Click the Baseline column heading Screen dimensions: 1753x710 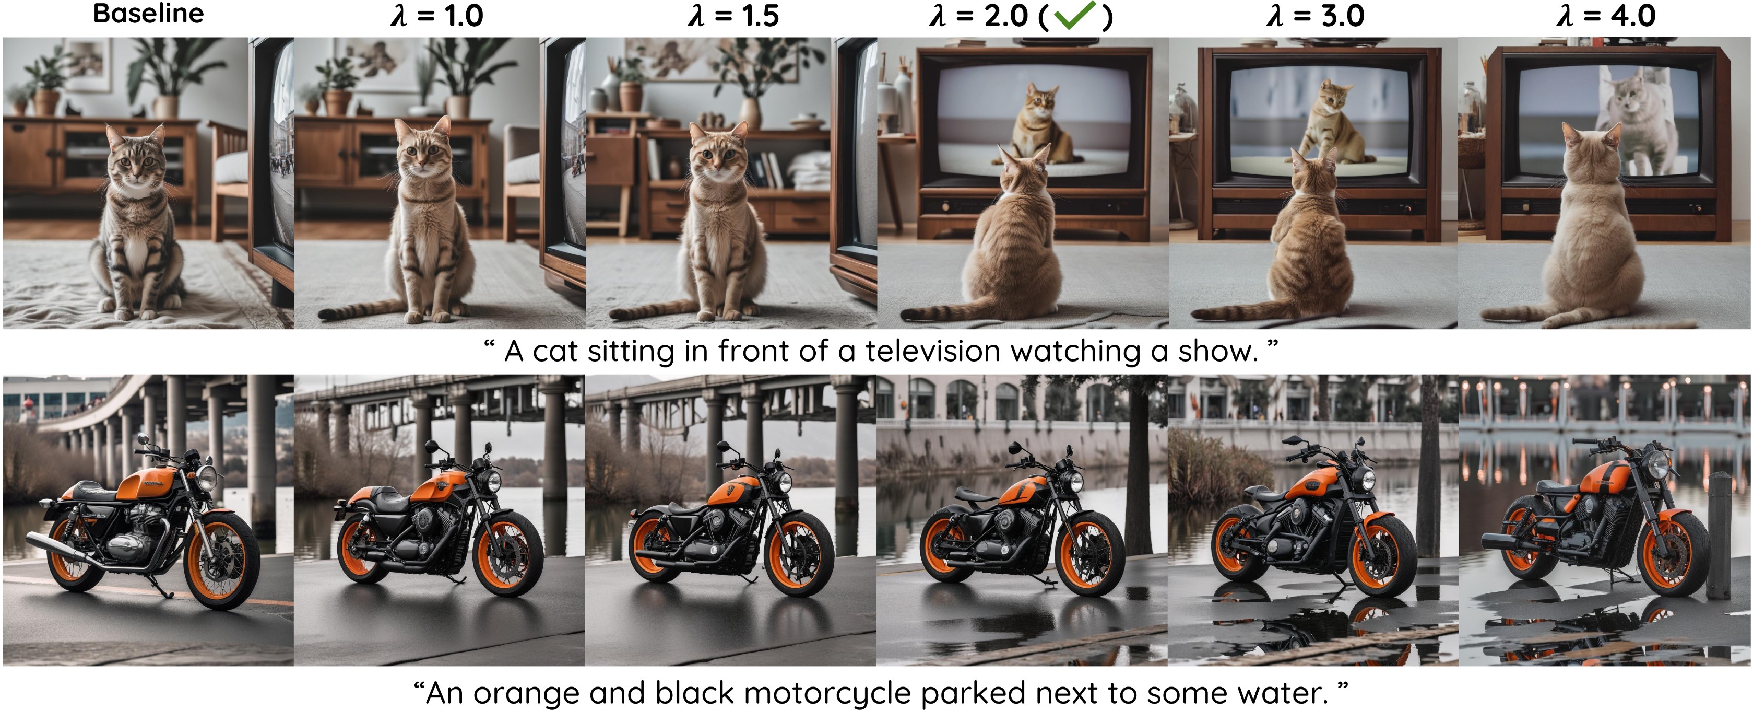click(148, 14)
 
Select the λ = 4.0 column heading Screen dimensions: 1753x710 click(1606, 15)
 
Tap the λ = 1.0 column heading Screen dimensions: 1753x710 click(437, 15)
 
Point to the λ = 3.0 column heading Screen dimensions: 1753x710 click(1316, 15)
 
